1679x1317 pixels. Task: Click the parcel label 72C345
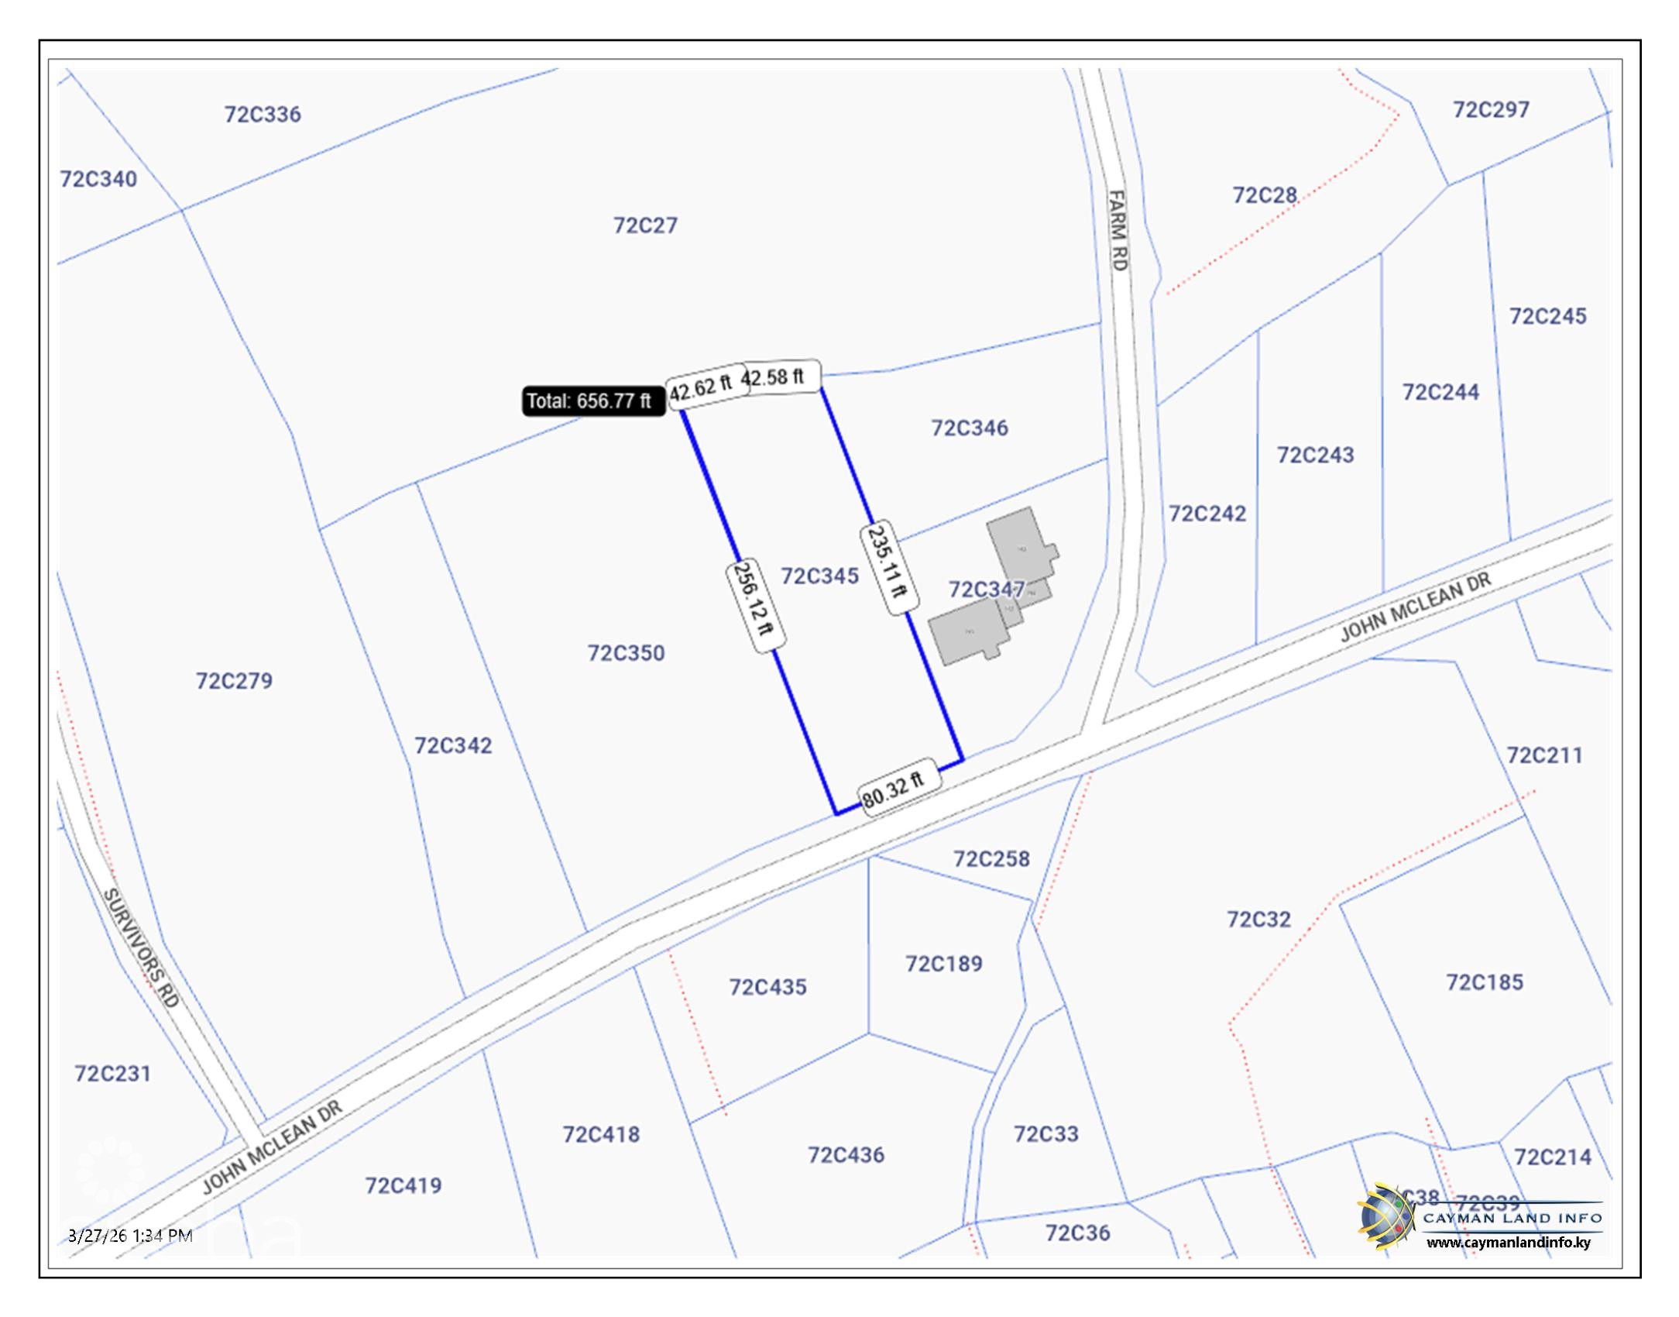click(819, 576)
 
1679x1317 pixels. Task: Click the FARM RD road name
click(1118, 231)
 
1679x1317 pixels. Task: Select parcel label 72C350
click(626, 653)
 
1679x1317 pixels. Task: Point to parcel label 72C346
click(970, 428)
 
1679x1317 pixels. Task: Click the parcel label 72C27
click(645, 225)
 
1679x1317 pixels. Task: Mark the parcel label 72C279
click(234, 681)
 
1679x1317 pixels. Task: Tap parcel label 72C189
click(944, 964)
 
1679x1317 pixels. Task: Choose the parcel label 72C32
click(1258, 920)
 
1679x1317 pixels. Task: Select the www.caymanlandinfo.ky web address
click(1509, 1243)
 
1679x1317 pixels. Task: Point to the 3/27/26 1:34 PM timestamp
click(130, 1235)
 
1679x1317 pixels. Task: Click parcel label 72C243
click(1315, 455)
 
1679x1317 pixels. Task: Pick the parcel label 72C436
click(846, 1155)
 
